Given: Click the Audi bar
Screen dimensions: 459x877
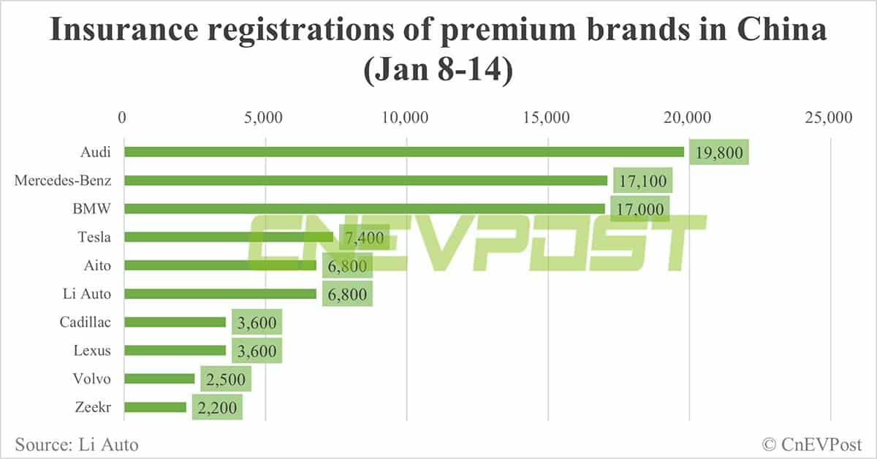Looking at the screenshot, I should coord(404,152).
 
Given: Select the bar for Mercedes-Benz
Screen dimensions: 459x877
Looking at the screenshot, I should coord(365,181).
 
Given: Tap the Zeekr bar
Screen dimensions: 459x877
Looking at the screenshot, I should coord(155,407).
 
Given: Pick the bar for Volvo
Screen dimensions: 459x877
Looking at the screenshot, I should coord(159,379).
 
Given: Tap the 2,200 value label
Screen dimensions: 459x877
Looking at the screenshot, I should coord(217,408).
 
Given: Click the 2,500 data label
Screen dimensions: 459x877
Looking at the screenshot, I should coord(226,379).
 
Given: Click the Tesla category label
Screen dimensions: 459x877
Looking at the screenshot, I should coord(95,237).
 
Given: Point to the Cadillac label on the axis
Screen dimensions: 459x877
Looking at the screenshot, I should coord(85,322).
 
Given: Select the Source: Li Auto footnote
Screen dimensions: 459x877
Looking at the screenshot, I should coord(76,443).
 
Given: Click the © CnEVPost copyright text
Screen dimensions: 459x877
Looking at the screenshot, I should coord(811,443).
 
